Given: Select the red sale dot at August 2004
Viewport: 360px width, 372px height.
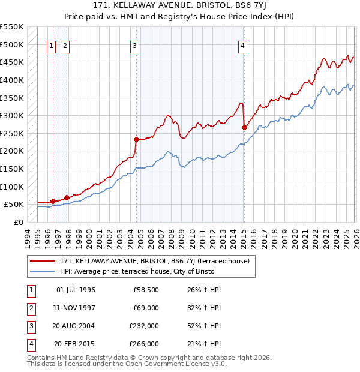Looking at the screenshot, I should coord(137,139).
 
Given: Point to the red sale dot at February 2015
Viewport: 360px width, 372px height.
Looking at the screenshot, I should coord(244,127).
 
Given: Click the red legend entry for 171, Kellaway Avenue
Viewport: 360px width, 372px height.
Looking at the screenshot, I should coord(158,261).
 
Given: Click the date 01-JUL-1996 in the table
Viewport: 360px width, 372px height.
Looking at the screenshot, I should coord(76,290).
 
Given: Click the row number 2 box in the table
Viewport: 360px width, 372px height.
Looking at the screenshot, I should coord(31,308).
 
